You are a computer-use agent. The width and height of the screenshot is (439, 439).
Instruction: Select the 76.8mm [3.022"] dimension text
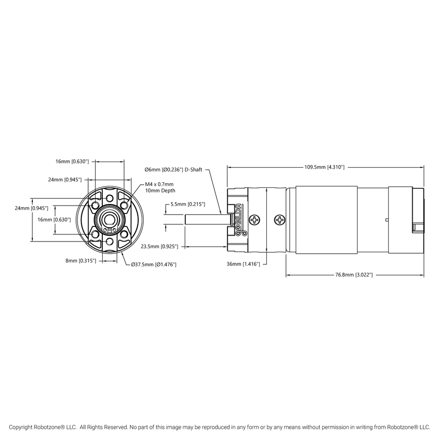point(354,275)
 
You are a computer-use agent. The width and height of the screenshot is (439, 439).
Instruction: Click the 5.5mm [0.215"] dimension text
point(187,205)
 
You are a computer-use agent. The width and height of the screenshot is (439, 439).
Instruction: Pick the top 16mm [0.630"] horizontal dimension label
point(72,161)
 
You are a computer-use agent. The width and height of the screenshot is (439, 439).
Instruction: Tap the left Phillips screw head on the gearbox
point(257,220)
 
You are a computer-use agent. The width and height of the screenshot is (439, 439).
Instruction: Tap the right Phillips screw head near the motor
point(280,220)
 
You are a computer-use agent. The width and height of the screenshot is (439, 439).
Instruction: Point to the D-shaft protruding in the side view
point(205,220)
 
